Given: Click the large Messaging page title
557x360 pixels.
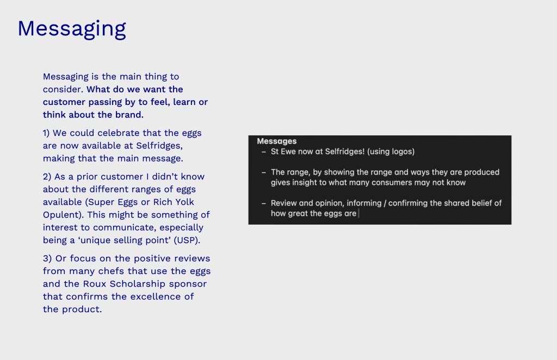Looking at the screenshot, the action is [x=72, y=29].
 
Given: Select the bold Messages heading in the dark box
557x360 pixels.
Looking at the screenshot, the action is [x=277, y=141].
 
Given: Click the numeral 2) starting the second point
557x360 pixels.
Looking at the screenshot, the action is [x=47, y=177].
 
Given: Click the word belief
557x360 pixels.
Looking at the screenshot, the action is [x=482, y=203].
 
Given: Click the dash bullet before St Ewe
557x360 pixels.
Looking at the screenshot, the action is [x=264, y=152].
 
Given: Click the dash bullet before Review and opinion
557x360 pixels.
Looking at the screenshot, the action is [x=264, y=204].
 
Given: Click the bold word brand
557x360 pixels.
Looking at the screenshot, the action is [x=129, y=115].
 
